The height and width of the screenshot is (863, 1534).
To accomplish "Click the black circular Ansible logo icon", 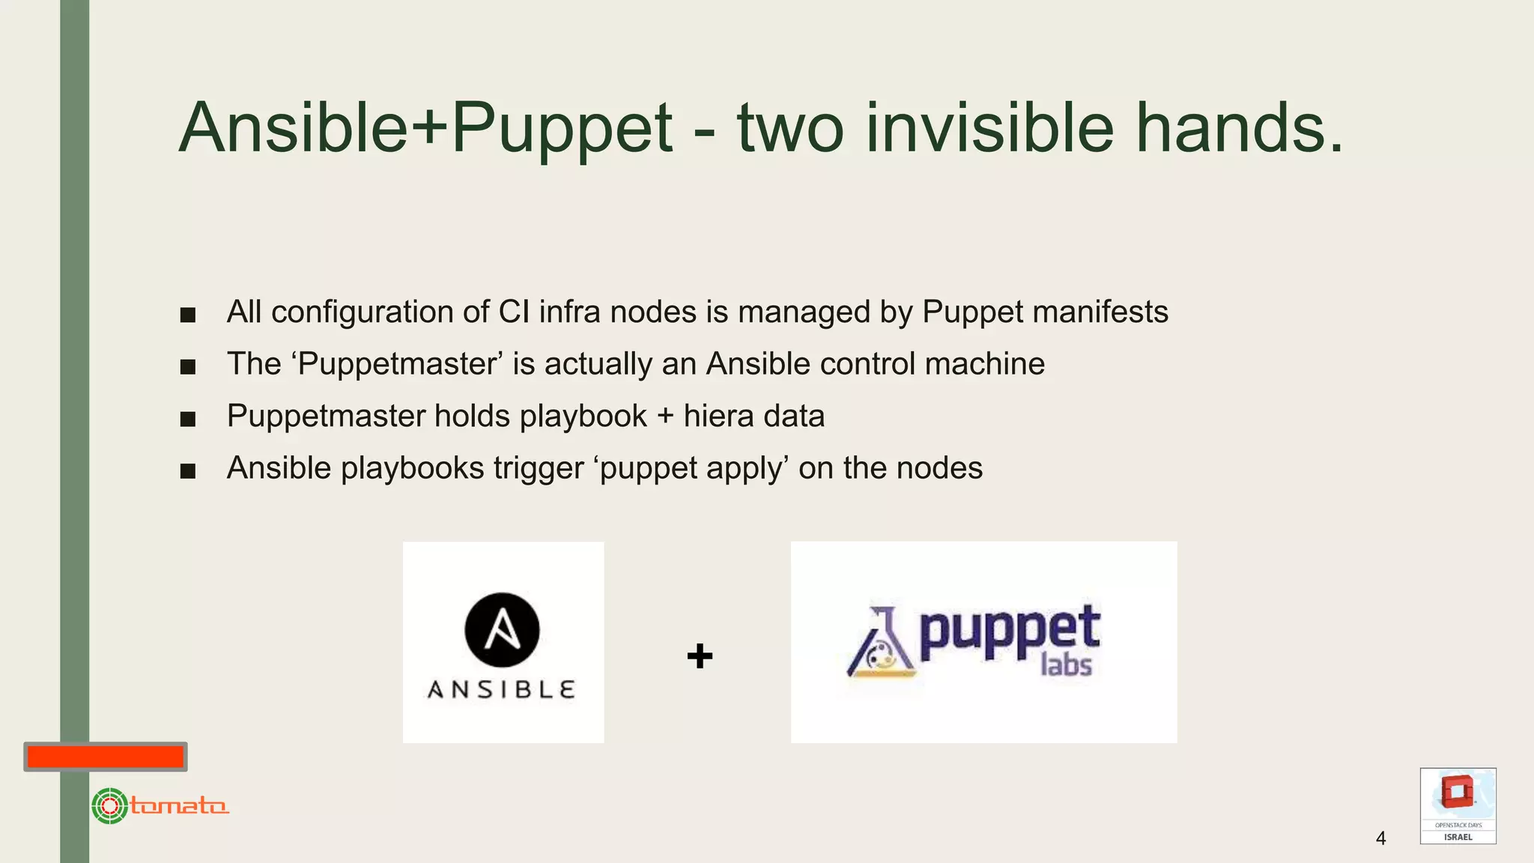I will pos(502,629).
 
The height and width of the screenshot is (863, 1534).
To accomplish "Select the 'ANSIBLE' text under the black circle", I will pos(501,689).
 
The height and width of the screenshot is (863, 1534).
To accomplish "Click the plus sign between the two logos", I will pos(700,656).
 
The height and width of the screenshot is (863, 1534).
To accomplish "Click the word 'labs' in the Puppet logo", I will pos(1066,664).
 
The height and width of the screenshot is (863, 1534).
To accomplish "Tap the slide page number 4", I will pos(1380,838).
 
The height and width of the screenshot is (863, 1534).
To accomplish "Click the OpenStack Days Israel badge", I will pos(1458,806).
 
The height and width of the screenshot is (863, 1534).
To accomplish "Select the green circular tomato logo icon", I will pos(109,806).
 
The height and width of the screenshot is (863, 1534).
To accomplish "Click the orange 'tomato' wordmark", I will pos(179,806).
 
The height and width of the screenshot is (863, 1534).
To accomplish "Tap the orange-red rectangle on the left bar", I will pos(106,757).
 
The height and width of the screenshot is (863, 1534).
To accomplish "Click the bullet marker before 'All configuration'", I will pos(188,315).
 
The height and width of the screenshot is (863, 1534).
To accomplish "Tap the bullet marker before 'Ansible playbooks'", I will pos(188,471).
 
